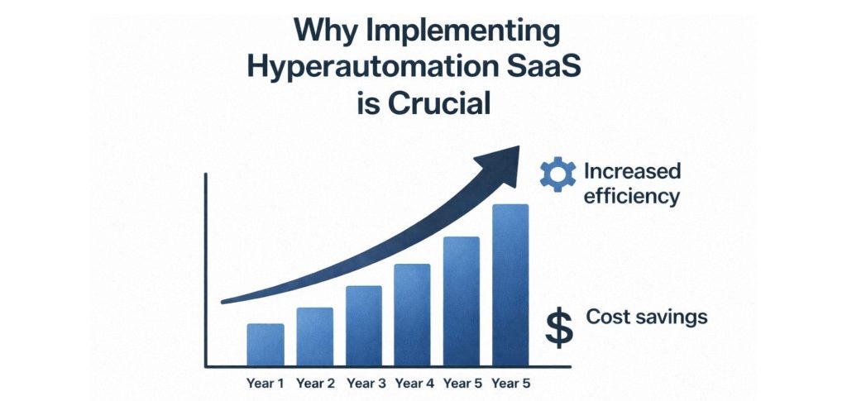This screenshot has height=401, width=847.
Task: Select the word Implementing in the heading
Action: click(457, 33)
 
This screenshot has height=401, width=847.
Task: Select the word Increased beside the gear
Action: click(632, 172)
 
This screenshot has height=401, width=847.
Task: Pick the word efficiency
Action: click(631, 197)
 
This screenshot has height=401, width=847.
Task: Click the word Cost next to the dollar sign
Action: click(608, 317)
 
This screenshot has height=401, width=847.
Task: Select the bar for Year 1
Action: click(266, 344)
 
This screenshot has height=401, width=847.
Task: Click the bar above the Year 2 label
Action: click(314, 337)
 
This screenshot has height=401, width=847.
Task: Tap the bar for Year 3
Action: click(363, 325)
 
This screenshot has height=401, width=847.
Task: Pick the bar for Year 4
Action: click(412, 314)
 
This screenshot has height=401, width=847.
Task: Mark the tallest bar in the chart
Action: click(510, 284)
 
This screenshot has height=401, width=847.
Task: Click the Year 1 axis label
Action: click(265, 383)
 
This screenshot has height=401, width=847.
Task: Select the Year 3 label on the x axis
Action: click(366, 383)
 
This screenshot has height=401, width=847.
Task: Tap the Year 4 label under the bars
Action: click(414, 383)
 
